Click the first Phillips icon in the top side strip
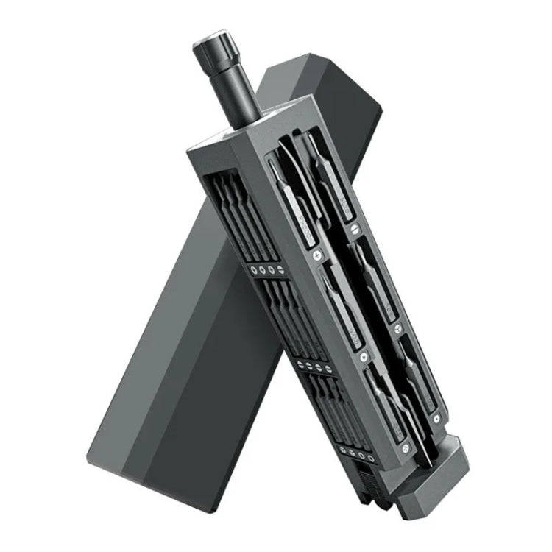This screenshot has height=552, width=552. coord(253,269)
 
